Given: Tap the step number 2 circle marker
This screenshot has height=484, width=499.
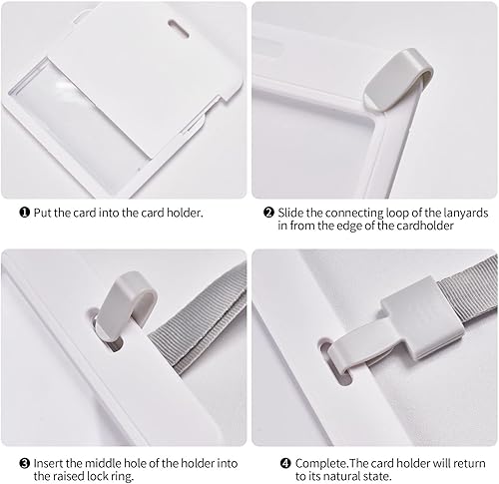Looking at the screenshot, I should pos(268,212).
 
